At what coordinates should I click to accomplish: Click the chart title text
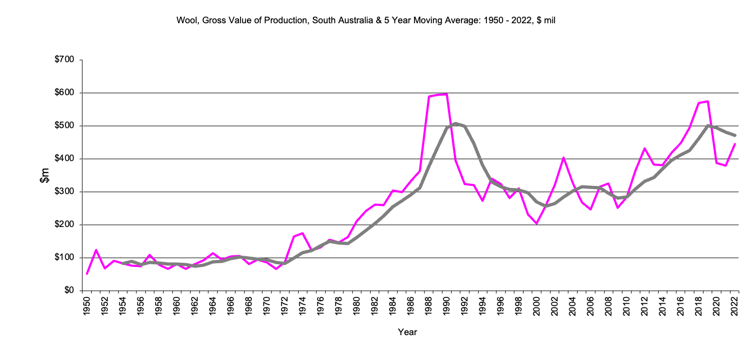click(x=366, y=21)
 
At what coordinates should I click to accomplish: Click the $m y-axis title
click(x=45, y=175)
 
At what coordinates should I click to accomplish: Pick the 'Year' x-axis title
click(x=407, y=332)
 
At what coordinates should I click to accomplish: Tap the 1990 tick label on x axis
click(x=446, y=305)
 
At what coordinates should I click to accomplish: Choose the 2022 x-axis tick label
click(x=734, y=305)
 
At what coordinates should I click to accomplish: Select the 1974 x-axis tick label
click(x=303, y=305)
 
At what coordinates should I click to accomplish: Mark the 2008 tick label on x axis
click(x=609, y=305)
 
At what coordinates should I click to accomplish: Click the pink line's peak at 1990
click(x=446, y=94)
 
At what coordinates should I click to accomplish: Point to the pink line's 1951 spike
click(x=96, y=250)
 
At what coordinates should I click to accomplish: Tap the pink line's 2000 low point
click(x=537, y=224)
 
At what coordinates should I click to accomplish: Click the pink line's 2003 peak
click(x=564, y=158)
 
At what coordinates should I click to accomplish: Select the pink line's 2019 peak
click(x=707, y=101)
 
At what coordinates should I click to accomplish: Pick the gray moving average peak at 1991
click(x=456, y=123)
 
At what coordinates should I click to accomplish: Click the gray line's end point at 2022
click(x=734, y=135)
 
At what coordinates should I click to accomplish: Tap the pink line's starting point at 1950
click(x=87, y=274)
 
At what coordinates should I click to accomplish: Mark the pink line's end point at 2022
click(x=734, y=144)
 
